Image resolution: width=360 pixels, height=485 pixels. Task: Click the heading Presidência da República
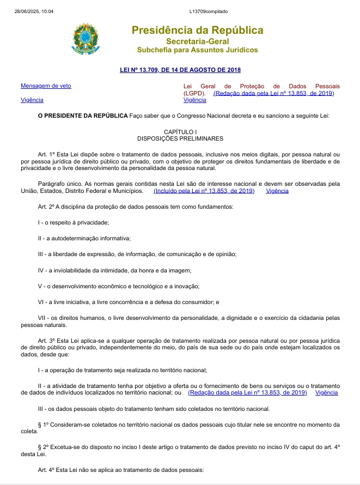pos(197,30)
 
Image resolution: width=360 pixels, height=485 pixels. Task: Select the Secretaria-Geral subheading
pos(197,41)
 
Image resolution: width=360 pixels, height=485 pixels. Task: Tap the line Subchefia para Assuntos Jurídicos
pos(197,50)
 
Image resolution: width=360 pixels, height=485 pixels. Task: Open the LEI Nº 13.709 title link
pos(180,70)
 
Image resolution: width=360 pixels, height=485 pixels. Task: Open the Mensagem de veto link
pos(46,86)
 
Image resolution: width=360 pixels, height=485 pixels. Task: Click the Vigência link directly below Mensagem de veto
pos(32,100)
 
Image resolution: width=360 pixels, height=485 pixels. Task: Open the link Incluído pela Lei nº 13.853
pos(204,191)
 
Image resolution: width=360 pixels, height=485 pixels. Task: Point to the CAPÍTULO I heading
pos(180,132)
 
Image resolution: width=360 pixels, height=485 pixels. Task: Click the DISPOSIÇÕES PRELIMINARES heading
pos(180,138)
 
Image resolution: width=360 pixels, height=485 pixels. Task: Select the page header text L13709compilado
pos(209,11)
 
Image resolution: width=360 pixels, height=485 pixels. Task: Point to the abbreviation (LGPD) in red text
pos(194,93)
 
